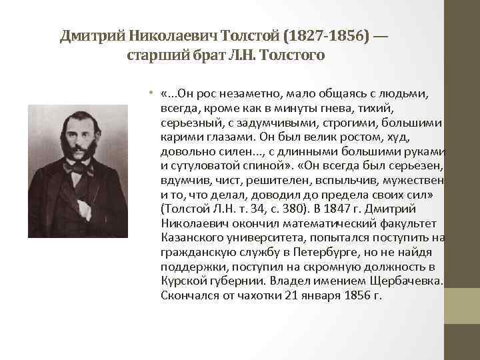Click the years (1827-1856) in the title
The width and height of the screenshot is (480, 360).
pos(321,35)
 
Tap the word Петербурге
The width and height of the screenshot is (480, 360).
pos(323,252)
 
